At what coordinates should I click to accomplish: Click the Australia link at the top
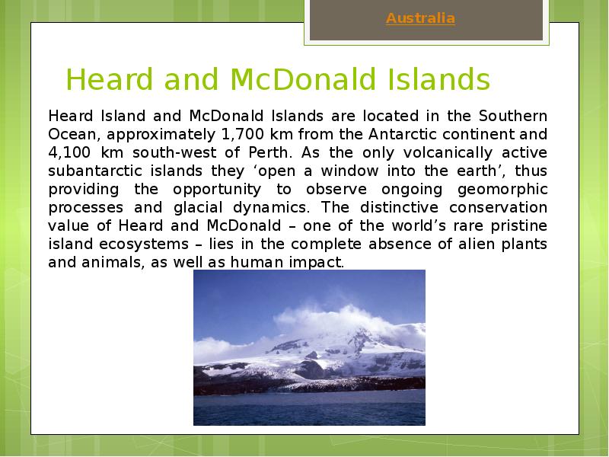pos(420,18)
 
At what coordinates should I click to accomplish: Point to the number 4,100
pos(70,152)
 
